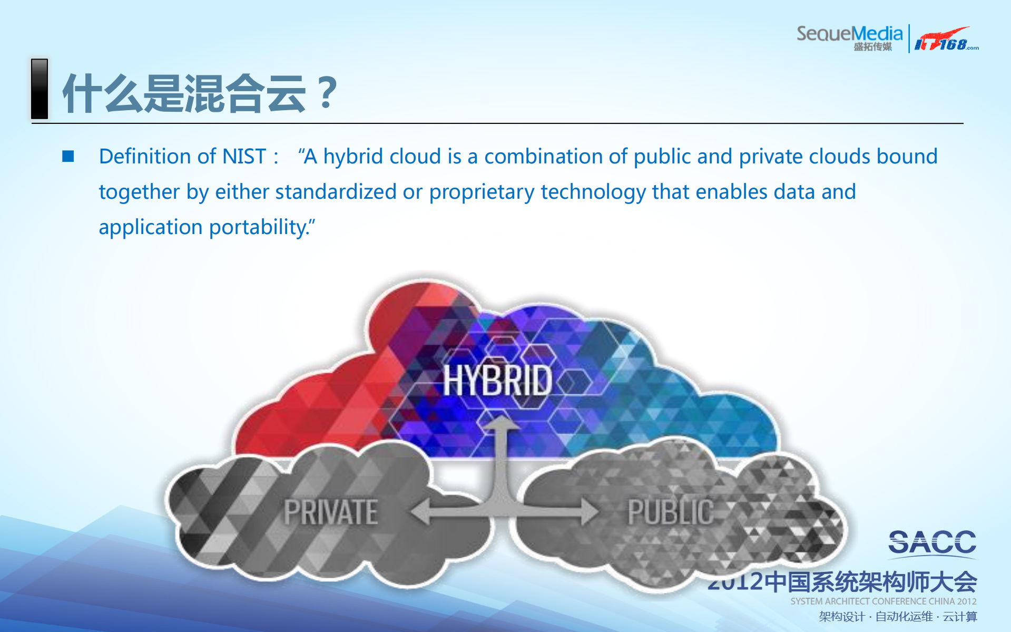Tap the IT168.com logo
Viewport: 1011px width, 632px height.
(x=946, y=40)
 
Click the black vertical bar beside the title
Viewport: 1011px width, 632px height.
(x=40, y=89)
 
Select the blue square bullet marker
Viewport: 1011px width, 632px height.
(x=68, y=156)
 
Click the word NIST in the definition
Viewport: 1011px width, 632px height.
(x=244, y=157)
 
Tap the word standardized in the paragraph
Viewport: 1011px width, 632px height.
(x=336, y=192)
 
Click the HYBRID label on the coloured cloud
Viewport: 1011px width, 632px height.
(x=497, y=381)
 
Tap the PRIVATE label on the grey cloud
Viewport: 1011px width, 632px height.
(x=331, y=512)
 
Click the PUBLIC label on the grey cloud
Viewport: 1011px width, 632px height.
(x=670, y=512)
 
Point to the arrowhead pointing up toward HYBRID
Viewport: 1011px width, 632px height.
(x=501, y=423)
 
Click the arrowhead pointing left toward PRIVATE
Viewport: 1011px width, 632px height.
(x=421, y=511)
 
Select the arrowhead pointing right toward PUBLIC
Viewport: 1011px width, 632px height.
(x=590, y=511)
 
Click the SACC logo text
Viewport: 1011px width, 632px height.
(x=932, y=543)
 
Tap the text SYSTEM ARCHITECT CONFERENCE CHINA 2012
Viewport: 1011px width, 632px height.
(x=883, y=601)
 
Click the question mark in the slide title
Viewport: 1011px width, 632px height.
(x=328, y=92)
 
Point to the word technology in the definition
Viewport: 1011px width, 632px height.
(x=593, y=192)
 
